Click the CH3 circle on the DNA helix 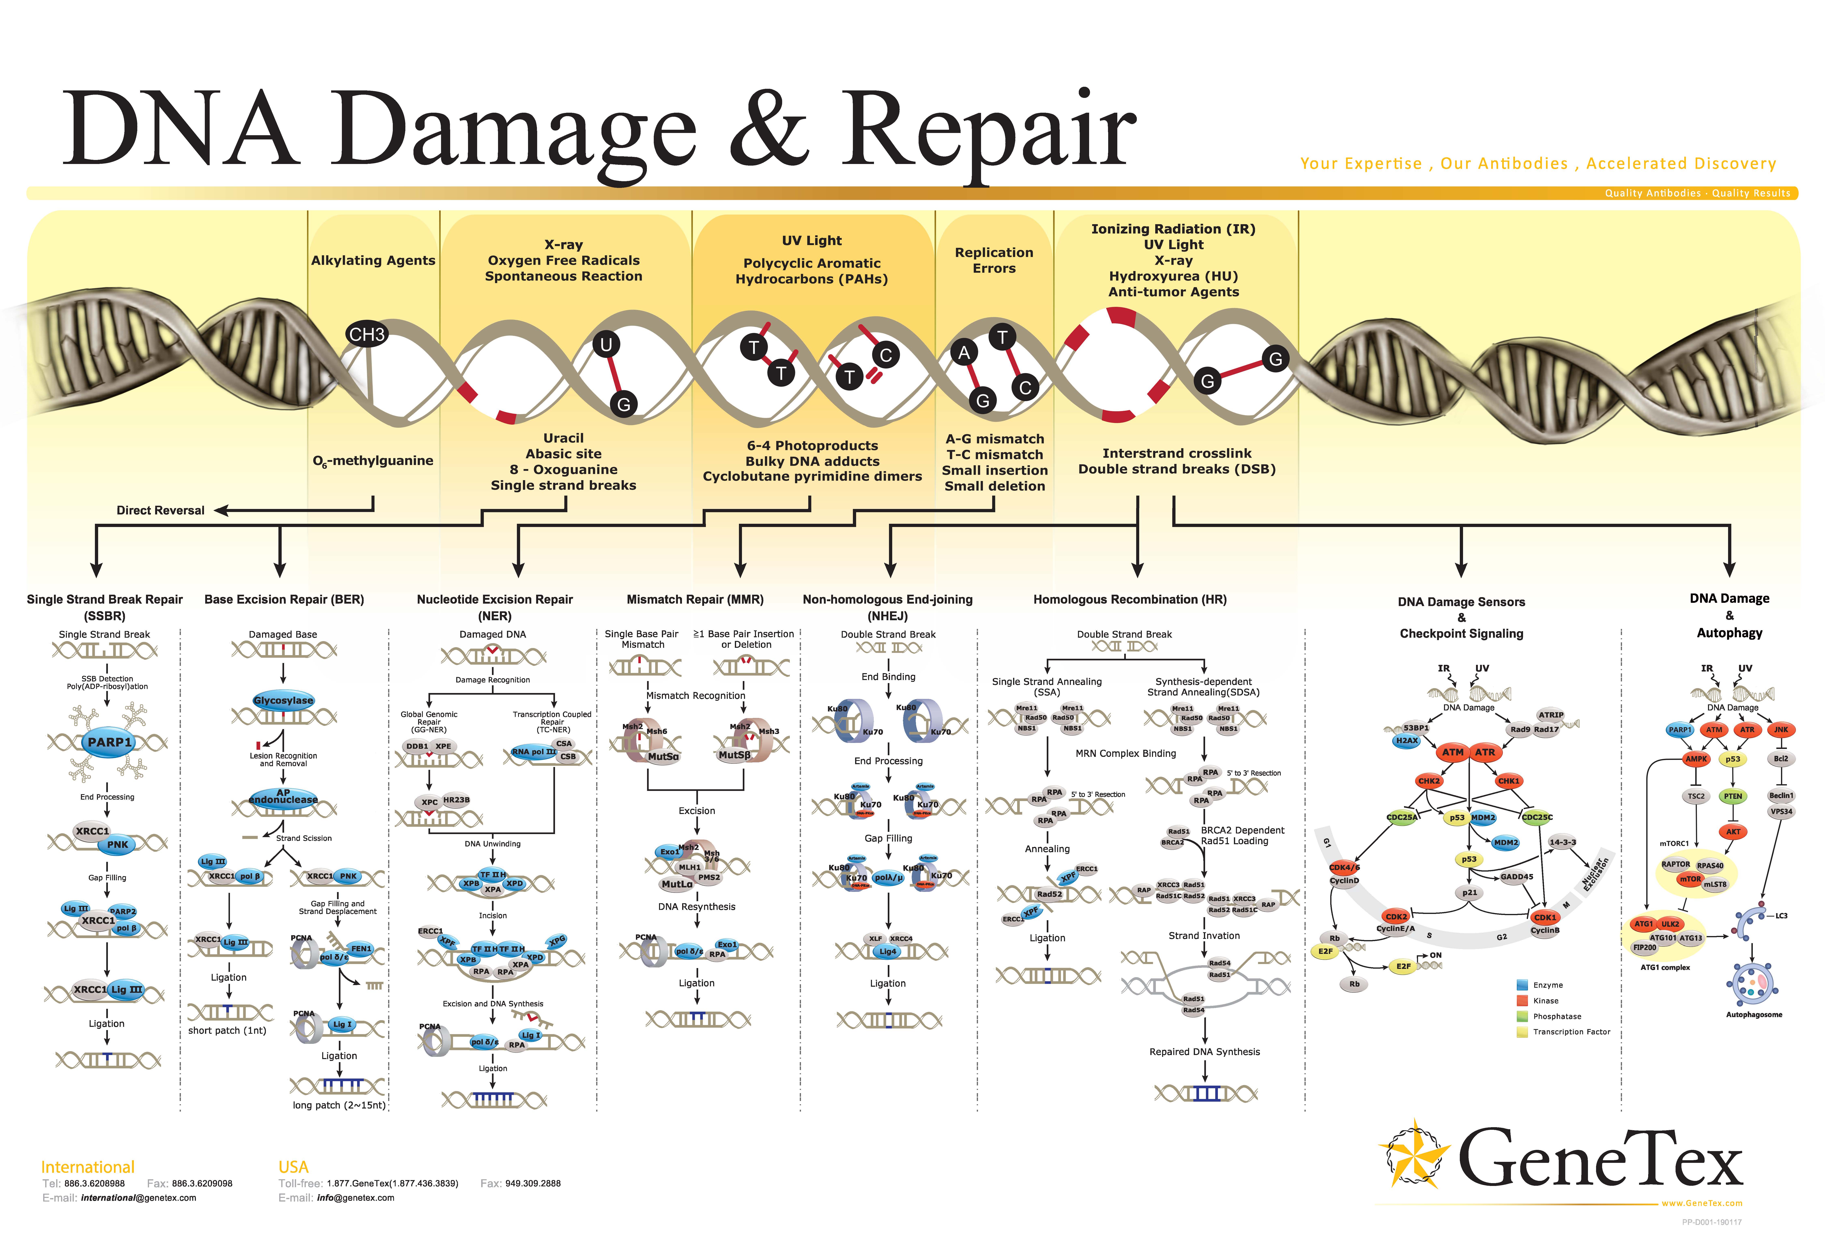[x=367, y=334]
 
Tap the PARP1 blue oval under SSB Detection [x=109, y=742]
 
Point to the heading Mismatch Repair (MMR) [x=694, y=599]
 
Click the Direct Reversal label [x=160, y=510]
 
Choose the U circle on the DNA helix [x=605, y=344]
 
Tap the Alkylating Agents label [x=373, y=260]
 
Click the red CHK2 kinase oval [x=1428, y=781]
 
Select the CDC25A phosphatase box [x=1402, y=817]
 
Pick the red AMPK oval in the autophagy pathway [x=1696, y=759]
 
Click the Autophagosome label [x=1754, y=1014]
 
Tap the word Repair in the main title [x=988, y=130]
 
